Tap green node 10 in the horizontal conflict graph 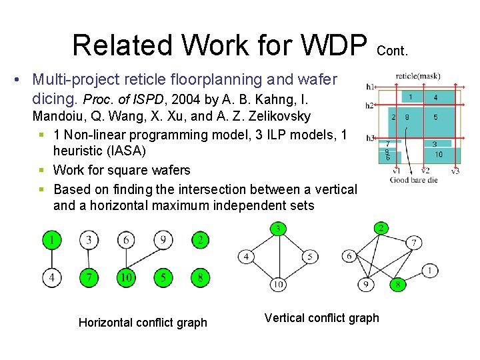(126, 276)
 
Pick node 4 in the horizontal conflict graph (51, 276)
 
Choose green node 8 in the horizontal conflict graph (201, 276)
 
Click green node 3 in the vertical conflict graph (279, 229)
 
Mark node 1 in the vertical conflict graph (430, 271)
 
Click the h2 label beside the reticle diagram (369, 106)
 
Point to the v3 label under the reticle (455, 171)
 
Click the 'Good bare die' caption (413, 180)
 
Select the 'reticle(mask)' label (418, 76)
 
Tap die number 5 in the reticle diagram (435, 117)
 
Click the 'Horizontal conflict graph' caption (143, 323)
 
